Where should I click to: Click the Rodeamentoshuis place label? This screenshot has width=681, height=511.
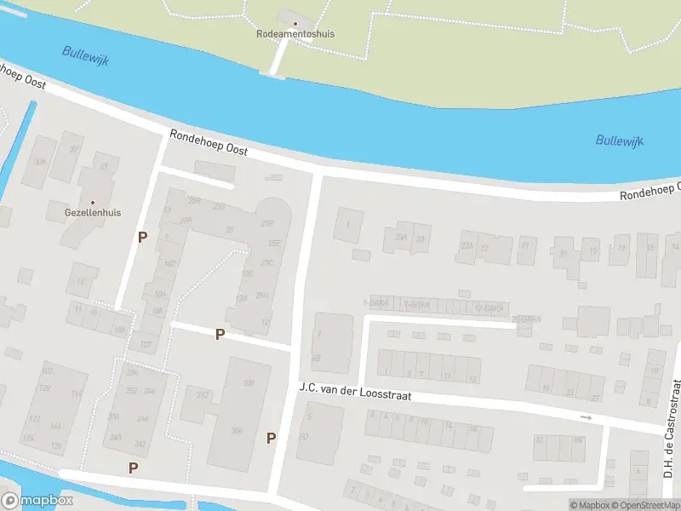(295, 34)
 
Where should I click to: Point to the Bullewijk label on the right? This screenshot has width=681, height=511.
(619, 141)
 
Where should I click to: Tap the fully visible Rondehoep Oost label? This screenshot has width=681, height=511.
(209, 142)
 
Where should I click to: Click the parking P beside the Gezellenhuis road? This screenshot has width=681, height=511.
(142, 237)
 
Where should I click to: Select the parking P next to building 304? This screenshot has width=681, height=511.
(272, 438)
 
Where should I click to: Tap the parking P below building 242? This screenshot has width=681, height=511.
(133, 468)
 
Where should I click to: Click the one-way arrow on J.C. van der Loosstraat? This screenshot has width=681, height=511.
(585, 417)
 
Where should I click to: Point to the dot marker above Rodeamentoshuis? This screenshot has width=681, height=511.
(295, 23)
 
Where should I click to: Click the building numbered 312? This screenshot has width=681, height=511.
(203, 395)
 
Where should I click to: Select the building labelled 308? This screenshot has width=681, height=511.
(249, 383)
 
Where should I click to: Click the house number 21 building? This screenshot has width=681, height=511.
(525, 246)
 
